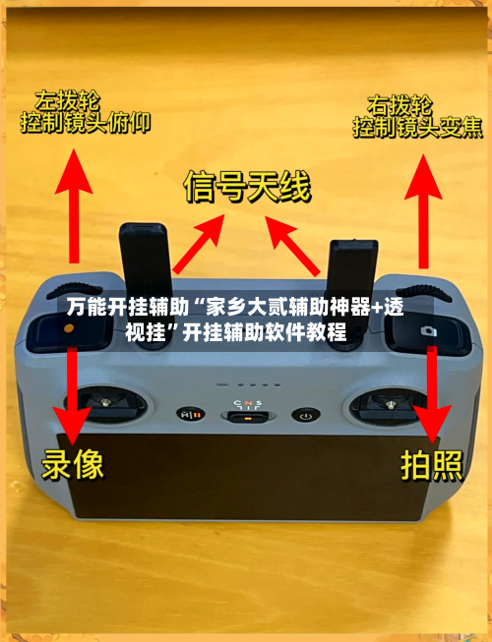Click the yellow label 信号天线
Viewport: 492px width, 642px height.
248,187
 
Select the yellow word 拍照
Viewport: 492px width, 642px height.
430,465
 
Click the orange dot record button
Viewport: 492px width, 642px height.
65,331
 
